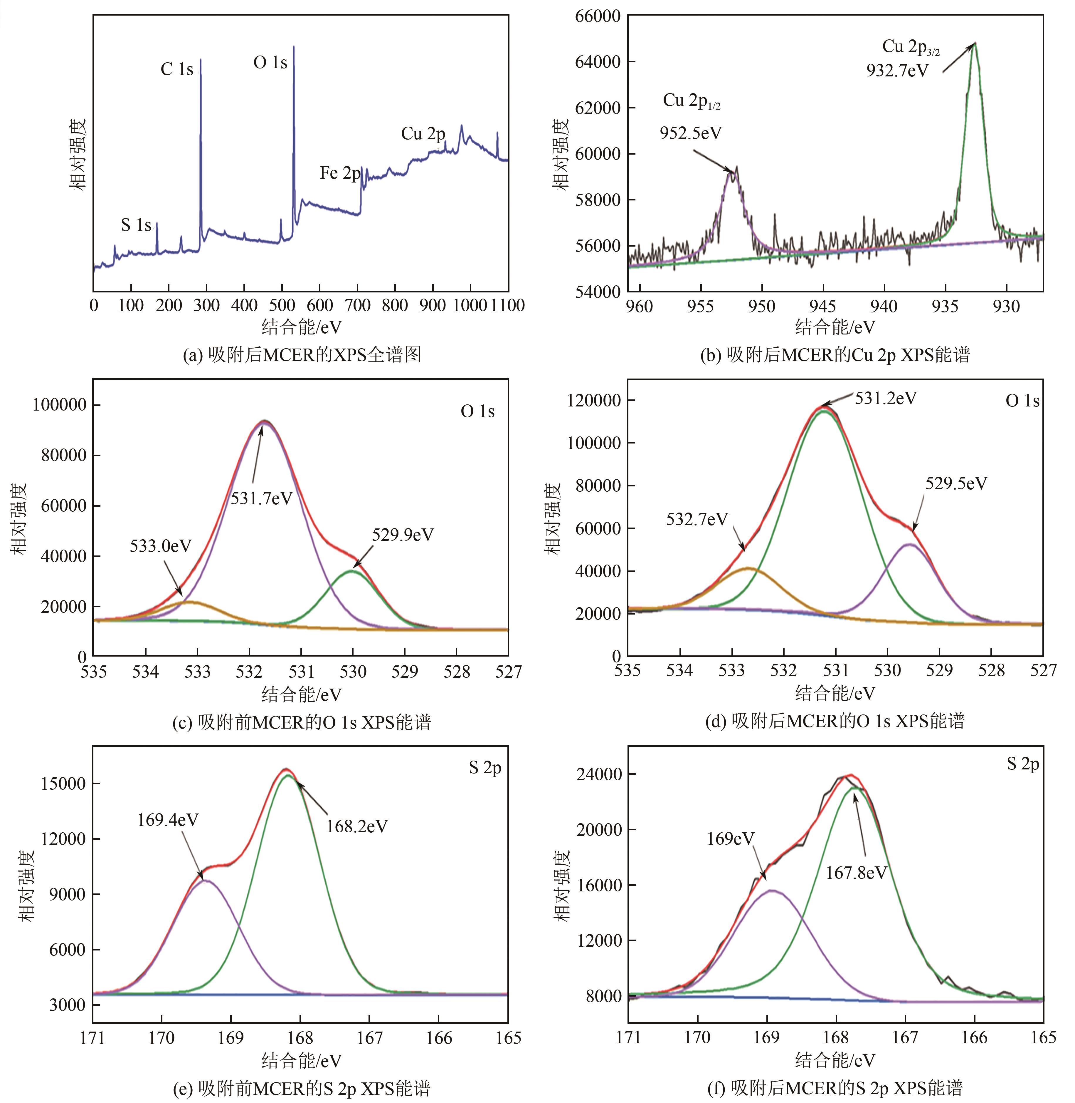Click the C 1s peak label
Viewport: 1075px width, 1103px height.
[x=177, y=69]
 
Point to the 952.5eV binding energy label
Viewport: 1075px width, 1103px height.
[x=691, y=133]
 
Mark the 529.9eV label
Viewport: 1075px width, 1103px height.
[x=403, y=535]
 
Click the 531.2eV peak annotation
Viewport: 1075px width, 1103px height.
[x=885, y=398]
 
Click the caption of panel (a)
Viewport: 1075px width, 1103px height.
[x=302, y=355]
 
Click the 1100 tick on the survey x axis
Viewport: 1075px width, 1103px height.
[x=508, y=306]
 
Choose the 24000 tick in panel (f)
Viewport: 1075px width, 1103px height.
[x=597, y=774]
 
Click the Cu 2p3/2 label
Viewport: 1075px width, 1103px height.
[x=911, y=48]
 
